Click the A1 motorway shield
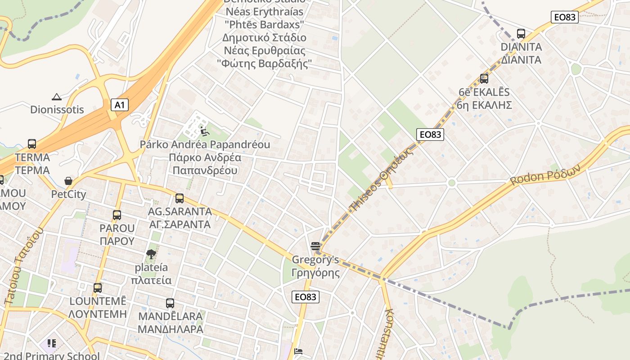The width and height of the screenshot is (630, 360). click(119, 105)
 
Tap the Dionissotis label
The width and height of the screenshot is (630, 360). click(57, 109)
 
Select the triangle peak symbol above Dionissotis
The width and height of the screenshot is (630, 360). click(57, 96)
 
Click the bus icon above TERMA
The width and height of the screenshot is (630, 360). click(32, 144)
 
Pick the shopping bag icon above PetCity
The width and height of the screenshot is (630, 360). click(68, 181)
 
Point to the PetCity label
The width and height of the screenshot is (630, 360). click(68, 194)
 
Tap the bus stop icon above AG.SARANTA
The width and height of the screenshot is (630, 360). click(180, 198)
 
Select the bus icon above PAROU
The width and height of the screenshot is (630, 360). click(117, 215)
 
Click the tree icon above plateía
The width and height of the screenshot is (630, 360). click(151, 254)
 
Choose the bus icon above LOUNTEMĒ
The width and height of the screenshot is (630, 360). click(98, 288)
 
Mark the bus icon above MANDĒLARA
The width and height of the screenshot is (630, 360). click(170, 303)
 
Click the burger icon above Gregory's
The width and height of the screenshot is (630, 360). click(315, 246)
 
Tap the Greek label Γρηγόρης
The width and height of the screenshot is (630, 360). click(315, 273)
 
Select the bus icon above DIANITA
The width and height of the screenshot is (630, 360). click(521, 33)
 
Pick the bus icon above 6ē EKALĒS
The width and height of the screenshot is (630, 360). click(484, 79)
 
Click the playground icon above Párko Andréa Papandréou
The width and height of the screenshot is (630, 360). click(205, 132)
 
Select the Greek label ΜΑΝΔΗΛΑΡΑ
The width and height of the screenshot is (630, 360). click(170, 329)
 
